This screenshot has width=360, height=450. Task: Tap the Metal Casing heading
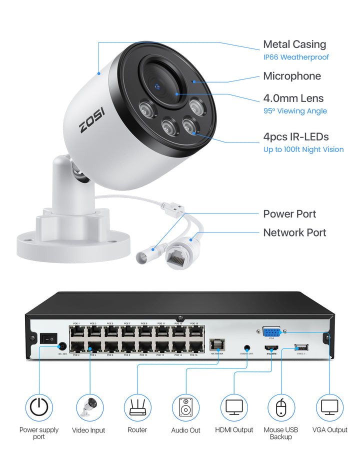(x=294, y=44)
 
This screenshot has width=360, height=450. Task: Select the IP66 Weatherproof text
(x=296, y=57)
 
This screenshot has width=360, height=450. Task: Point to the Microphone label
(x=292, y=76)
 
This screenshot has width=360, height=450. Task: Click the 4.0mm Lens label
(x=293, y=98)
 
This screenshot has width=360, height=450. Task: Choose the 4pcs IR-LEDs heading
(x=296, y=136)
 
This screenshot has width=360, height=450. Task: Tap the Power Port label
(x=289, y=214)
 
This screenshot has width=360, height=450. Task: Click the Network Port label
(x=294, y=232)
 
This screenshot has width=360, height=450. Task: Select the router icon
(x=137, y=407)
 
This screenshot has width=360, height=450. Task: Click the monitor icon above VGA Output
(x=329, y=407)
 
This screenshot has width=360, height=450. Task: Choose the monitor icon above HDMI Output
(x=234, y=407)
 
